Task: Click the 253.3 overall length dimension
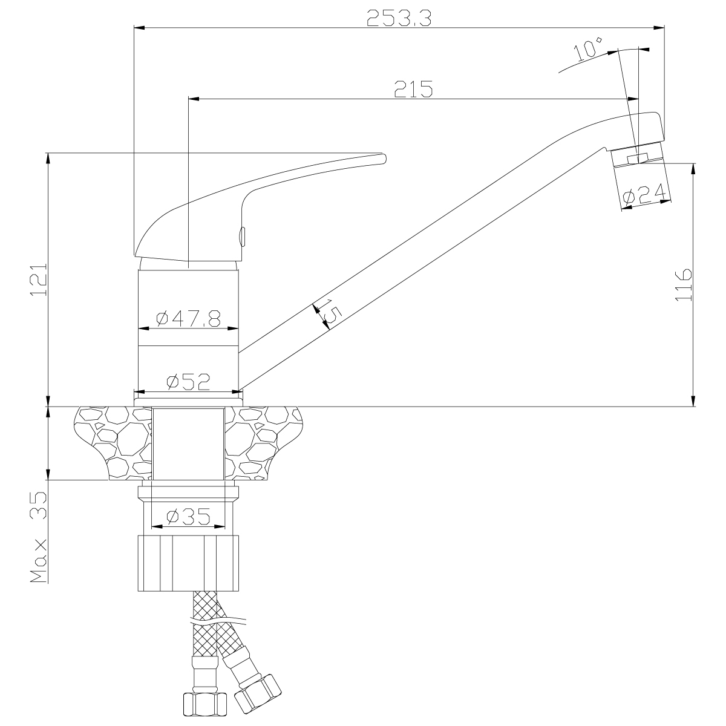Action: tap(399, 18)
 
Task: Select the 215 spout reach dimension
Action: tap(413, 89)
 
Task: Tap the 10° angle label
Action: tap(589, 48)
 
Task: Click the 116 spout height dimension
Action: tap(684, 284)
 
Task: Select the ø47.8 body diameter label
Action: tap(188, 319)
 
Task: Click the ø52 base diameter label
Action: tap(188, 382)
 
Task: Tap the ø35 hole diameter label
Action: tap(188, 517)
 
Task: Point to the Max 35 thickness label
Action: tap(39, 537)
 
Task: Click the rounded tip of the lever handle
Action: tap(384, 159)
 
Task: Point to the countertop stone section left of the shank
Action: tap(114, 443)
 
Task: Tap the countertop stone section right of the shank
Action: tap(263, 443)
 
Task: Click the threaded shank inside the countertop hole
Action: tap(188, 444)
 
